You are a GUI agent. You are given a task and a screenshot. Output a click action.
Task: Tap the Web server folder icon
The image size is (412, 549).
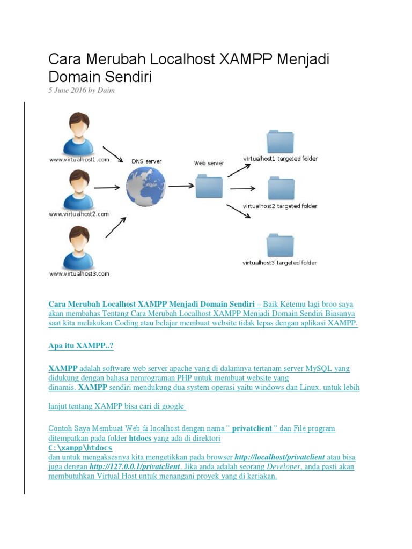click(209, 186)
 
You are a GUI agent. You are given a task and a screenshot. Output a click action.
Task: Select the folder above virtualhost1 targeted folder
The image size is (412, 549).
click(280, 141)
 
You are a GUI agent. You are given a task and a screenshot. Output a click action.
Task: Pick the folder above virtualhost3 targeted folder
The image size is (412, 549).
click(280, 245)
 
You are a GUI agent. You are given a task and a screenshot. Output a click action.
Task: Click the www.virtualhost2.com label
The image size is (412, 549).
click(79, 214)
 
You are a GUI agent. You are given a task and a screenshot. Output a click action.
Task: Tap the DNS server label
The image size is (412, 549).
click(146, 161)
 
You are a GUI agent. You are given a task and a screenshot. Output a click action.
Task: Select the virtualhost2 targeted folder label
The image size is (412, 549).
click(280, 206)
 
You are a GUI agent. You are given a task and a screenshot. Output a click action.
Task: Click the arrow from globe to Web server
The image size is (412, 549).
click(181, 186)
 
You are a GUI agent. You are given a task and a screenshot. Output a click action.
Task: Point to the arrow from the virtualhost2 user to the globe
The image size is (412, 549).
click(107, 188)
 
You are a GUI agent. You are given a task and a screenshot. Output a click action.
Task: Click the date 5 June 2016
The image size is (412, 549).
click(67, 90)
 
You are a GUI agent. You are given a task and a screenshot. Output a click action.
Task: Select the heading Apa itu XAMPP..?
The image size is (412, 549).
click(81, 346)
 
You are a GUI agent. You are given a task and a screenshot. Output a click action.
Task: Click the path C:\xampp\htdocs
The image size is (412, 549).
click(80, 448)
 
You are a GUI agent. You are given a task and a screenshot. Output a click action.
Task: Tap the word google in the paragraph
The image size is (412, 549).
click(171, 406)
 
